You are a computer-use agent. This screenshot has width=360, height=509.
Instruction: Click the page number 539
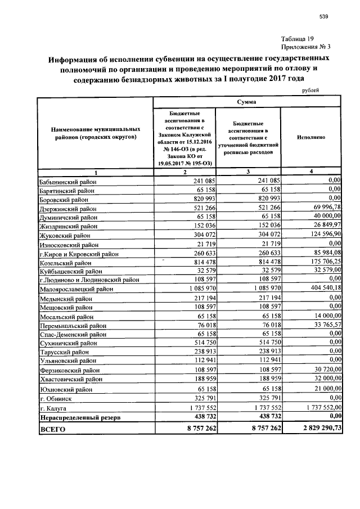tap(323, 17)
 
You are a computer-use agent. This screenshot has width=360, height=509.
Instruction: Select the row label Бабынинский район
tap(67, 182)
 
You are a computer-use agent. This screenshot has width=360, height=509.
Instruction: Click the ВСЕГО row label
tap(52, 429)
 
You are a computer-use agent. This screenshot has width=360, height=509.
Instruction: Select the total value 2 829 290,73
tap(317, 429)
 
